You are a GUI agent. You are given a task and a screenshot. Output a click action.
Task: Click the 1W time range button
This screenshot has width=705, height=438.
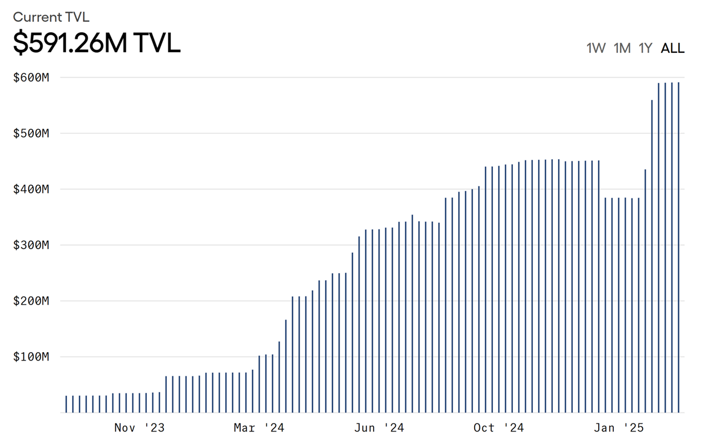[x=596, y=48]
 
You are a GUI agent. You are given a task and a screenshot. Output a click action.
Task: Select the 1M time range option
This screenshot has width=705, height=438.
[x=622, y=48]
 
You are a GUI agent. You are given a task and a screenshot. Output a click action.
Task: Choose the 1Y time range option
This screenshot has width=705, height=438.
[x=645, y=48]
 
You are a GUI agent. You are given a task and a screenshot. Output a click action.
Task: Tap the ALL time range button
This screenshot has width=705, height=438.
[x=673, y=48]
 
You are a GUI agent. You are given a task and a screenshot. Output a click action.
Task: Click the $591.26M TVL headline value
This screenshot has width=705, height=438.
[x=96, y=42]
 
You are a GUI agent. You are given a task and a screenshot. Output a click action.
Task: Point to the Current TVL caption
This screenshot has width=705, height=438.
[x=51, y=17]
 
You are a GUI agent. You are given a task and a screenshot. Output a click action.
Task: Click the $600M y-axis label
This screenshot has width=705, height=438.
[x=31, y=78]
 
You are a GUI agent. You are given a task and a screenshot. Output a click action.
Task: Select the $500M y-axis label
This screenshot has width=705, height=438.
[x=31, y=133]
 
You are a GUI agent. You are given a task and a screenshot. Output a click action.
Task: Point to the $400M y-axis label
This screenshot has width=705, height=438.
[x=31, y=189]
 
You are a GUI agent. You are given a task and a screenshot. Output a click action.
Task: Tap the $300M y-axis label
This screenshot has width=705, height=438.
[x=31, y=245]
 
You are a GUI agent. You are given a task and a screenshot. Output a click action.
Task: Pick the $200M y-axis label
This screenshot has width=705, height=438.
[x=31, y=301]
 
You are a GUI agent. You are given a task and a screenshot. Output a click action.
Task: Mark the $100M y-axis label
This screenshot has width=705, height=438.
[x=31, y=357]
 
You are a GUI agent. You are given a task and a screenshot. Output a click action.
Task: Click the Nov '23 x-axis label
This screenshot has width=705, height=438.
[x=139, y=427]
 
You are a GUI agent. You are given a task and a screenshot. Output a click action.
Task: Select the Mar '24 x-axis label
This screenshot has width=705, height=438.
[x=259, y=427]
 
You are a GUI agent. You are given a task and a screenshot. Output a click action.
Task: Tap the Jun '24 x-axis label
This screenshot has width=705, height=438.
[x=379, y=427]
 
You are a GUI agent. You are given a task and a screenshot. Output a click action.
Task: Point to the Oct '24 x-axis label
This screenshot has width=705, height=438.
[x=499, y=427]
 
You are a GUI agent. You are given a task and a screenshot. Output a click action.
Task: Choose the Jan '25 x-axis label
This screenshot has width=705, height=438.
[x=619, y=427]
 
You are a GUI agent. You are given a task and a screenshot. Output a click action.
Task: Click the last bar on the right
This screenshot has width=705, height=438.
[x=679, y=247]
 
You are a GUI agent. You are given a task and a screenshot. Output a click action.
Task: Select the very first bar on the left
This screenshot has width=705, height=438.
[x=66, y=404]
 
